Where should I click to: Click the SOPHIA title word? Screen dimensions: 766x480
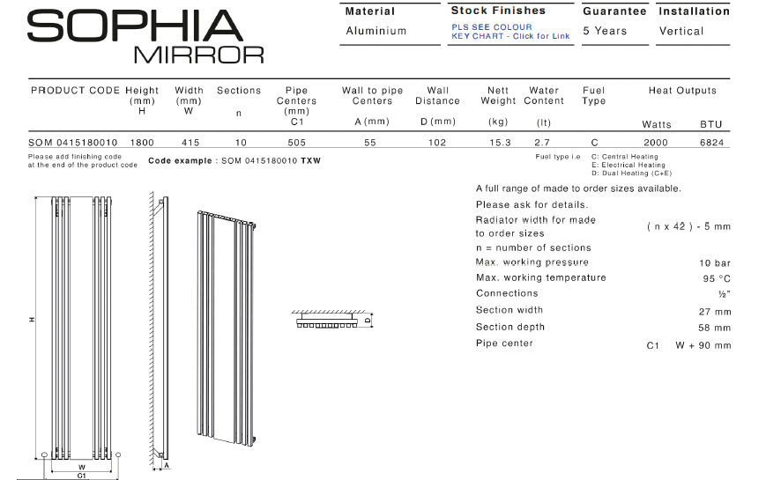coord(135,26)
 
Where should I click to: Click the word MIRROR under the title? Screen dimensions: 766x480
coord(199,55)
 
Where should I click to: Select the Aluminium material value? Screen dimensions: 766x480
coord(376,31)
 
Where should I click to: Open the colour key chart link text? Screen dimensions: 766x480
coord(510,32)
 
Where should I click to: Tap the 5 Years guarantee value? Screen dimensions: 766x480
coord(605,31)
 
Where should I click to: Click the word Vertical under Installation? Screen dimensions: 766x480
coord(681,31)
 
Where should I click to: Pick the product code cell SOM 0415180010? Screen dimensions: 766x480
coord(73,143)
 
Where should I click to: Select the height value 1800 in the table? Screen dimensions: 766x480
coord(142,143)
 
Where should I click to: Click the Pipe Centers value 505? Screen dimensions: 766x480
coord(296,143)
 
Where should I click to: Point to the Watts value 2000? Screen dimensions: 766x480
coord(656,143)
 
